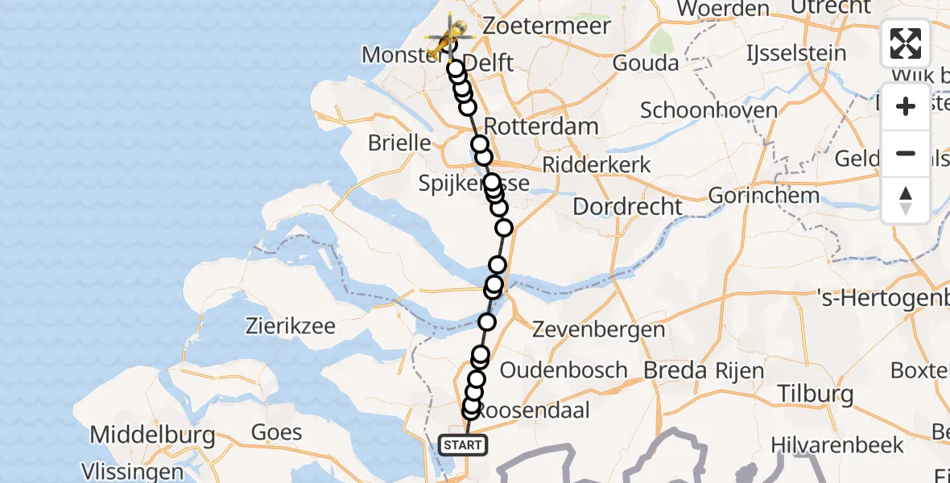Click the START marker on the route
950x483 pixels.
pos(462,444)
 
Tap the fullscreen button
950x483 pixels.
pos(906,43)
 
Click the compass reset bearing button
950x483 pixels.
pos(906,200)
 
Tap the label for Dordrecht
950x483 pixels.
pos(627,206)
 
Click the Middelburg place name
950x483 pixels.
pos(152,436)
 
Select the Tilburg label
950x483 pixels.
pos(816,394)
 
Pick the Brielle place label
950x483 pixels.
pos(399,142)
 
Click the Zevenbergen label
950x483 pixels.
pos(599,329)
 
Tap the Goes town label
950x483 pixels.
pos(276,431)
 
